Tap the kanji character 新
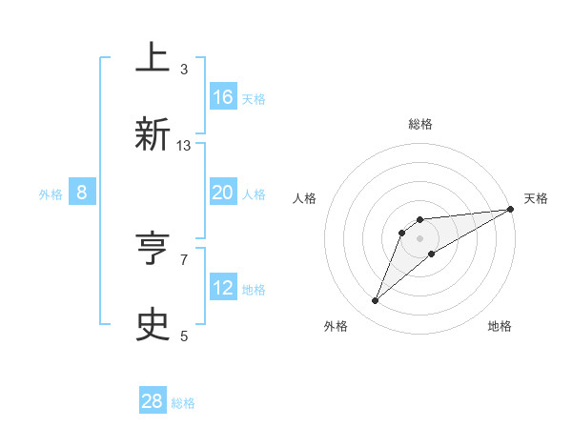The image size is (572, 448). coord(153,134)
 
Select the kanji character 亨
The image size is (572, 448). coord(153,248)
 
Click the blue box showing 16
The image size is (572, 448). coord(223,97)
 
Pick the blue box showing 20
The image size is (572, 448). coord(223,193)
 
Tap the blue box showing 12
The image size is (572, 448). coord(223,288)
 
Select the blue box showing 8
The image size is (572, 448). coord(82,193)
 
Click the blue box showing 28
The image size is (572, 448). coord(153,401)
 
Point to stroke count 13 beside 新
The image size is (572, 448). coord(184,146)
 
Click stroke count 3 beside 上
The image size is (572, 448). coord(184,69)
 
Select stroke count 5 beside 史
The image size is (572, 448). coord(184,336)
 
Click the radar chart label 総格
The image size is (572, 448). coord(420,125)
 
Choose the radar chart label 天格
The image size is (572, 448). coord(536,198)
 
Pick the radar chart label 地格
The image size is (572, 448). coord(500,326)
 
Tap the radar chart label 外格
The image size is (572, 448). coord(336,326)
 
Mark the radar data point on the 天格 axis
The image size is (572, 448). coord(510,209)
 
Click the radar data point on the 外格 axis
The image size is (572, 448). coord(376,301)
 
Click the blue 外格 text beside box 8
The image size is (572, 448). coord(51,193)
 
